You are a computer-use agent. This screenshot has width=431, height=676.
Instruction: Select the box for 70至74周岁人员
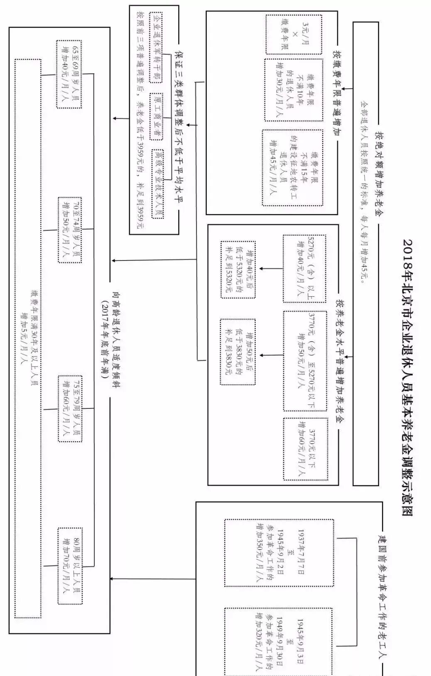[x=70, y=230]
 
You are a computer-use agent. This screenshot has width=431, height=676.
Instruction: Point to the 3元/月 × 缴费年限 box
[x=294, y=34]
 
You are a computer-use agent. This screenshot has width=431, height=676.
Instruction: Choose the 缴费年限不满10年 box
[x=294, y=90]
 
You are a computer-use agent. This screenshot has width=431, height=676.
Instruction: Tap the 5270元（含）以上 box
[x=304, y=268]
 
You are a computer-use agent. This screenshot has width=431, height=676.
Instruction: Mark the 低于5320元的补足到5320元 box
[x=238, y=269]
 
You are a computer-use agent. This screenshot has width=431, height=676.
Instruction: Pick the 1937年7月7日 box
[x=279, y=552]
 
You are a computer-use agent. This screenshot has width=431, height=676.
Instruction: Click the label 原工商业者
[x=157, y=113]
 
